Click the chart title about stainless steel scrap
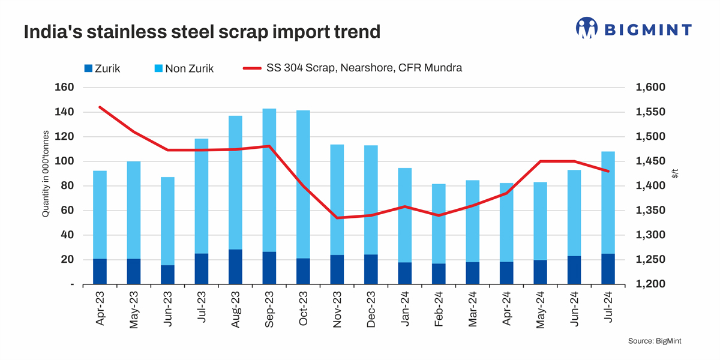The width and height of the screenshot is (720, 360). tap(202, 31)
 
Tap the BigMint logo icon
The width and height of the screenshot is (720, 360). tap(587, 28)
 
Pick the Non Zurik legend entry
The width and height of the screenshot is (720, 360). tap(182, 68)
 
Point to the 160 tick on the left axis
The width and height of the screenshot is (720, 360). tap(64, 88)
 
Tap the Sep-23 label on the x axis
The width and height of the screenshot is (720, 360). tap(269, 309)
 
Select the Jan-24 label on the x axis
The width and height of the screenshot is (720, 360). tap(405, 309)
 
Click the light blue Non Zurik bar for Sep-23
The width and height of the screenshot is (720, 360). tap(269, 180)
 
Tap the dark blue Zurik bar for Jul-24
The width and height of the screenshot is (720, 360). tap(608, 269)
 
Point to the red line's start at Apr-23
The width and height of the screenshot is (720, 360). tap(100, 107)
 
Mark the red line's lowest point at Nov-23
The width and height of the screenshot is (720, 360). tap(337, 218)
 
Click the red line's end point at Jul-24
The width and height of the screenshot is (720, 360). tap(608, 172)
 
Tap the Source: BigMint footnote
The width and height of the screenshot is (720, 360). tap(655, 341)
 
